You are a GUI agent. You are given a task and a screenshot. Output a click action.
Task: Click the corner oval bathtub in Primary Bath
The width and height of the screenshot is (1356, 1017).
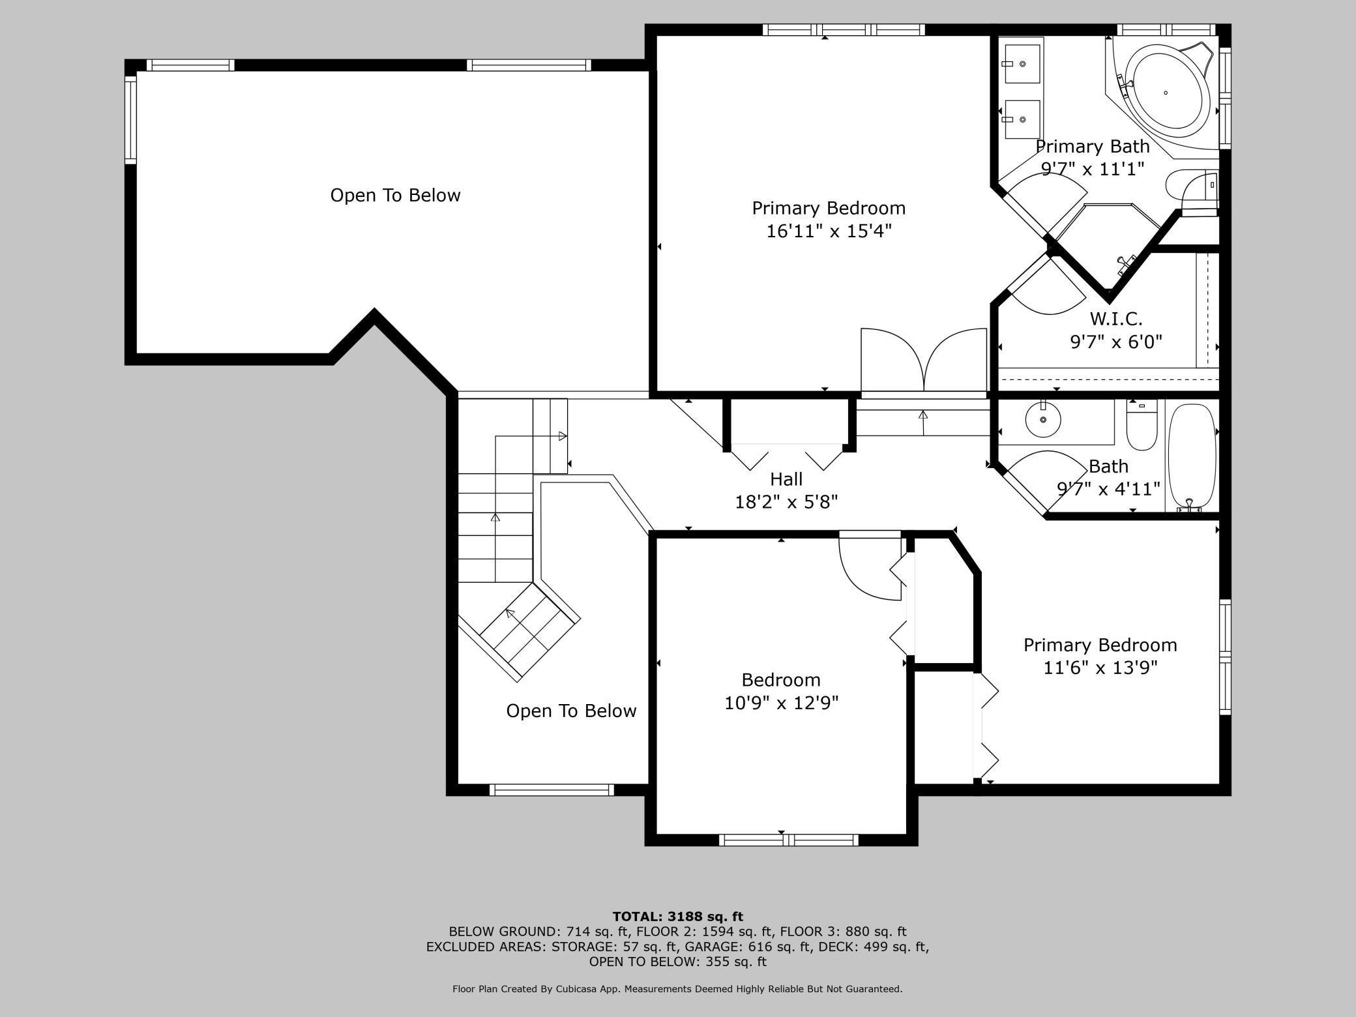[x=1166, y=92]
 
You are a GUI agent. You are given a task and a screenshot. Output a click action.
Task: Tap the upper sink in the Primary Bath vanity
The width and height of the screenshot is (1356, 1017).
[x=1022, y=64]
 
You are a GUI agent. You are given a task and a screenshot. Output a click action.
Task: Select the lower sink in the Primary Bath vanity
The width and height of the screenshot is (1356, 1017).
[x=1022, y=119]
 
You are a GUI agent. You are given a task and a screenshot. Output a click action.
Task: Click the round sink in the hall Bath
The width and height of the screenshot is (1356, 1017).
[x=1043, y=419]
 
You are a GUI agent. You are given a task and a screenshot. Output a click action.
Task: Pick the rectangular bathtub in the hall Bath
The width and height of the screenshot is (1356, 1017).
[x=1192, y=456]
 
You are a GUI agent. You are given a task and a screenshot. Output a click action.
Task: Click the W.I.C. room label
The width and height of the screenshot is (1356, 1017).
[x=1116, y=319]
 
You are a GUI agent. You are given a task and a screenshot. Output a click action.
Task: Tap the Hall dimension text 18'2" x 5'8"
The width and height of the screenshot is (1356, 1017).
[x=786, y=502]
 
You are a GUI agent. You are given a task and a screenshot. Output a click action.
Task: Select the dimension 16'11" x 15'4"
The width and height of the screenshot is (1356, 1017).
[x=829, y=231]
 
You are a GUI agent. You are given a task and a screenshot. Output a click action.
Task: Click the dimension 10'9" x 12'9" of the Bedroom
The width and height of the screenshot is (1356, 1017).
[x=782, y=703]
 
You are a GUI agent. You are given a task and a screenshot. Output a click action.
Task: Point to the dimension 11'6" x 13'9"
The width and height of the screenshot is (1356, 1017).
[x=1100, y=668]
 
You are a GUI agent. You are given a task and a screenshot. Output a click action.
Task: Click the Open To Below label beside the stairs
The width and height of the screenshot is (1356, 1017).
[x=571, y=711]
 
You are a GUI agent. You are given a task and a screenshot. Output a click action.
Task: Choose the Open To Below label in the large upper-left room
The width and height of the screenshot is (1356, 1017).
[x=395, y=195]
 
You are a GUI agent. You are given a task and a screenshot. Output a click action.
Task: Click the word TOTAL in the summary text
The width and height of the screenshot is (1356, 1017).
[x=634, y=917]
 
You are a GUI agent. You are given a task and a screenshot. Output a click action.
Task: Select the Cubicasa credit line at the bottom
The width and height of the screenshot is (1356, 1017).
[x=677, y=989]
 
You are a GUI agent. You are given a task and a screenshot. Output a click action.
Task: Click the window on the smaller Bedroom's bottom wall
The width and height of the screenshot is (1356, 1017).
[x=788, y=840]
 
